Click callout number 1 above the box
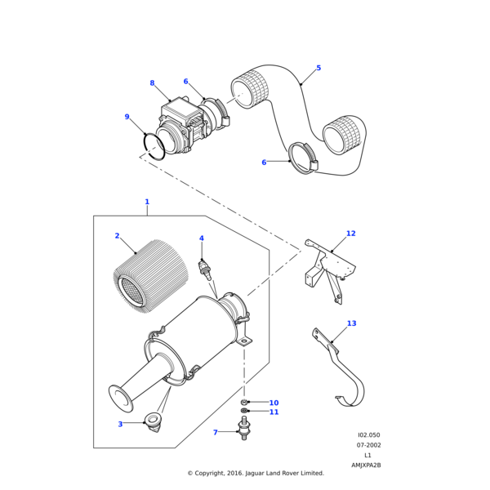pyautogui.click(x=147, y=202)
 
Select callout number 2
pyautogui.click(x=117, y=236)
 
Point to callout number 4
pyautogui.click(x=202, y=238)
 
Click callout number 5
pyautogui.click(x=318, y=68)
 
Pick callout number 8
pyautogui.click(x=152, y=82)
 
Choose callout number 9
pyautogui.click(x=127, y=117)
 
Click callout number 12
pyautogui.click(x=350, y=234)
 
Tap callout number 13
pyautogui.click(x=351, y=323)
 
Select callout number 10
pyautogui.click(x=274, y=403)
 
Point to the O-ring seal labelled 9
pyautogui.click(x=154, y=146)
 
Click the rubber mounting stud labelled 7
pyautogui.click(x=243, y=429)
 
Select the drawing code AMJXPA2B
pyautogui.click(x=367, y=465)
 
